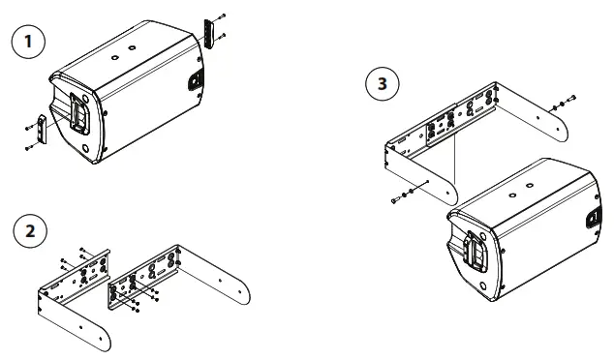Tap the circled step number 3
click(384, 83)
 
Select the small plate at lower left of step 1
click(43, 129)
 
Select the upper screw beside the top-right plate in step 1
click(224, 16)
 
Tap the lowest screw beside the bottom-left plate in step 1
click(27, 148)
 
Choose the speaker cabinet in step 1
click(136, 97)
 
